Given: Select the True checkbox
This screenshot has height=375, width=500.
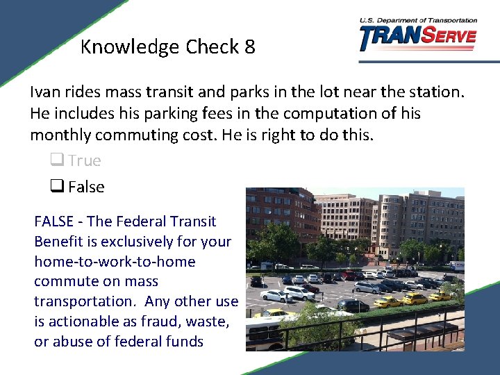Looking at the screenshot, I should click(x=56, y=161).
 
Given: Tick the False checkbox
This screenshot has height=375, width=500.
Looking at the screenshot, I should click(x=56, y=187).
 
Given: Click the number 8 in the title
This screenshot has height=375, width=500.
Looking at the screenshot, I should click(x=249, y=47).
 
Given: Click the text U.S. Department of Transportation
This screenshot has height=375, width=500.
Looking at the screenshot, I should click(x=418, y=21).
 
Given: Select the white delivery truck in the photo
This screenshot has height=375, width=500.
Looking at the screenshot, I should click(x=456, y=265).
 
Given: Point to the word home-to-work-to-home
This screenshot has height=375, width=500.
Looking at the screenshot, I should click(x=115, y=262).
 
